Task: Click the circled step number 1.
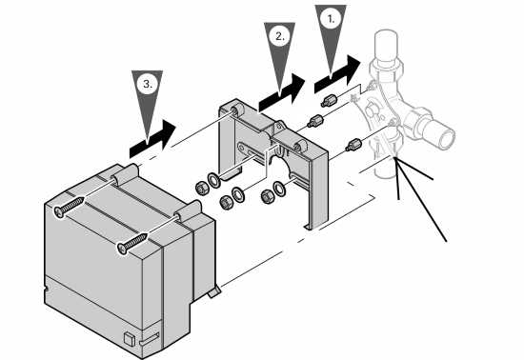pos(331,19)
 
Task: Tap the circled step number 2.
pos(280,36)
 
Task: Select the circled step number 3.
pos(148,84)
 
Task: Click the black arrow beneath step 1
pos(337,74)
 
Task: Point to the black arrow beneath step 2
pos(281,92)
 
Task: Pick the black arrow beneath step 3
pos(152,139)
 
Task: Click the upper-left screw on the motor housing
pos(70,207)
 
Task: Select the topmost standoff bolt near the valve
pos(330,101)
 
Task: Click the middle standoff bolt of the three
pos(315,121)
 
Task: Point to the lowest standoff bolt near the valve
pos(353,145)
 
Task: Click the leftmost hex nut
pos(202,189)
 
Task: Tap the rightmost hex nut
pos(268,197)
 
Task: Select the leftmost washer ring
pos(213,180)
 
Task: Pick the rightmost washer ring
pos(279,189)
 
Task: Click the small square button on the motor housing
pos(129,339)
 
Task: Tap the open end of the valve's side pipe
pos(446,137)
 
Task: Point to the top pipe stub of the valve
pos(386,46)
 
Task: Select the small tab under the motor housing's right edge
pos(214,291)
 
